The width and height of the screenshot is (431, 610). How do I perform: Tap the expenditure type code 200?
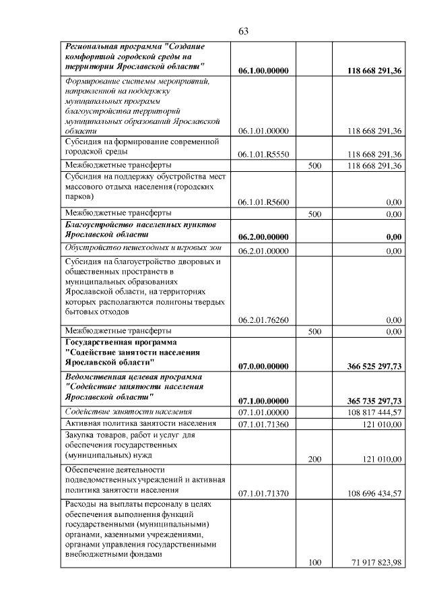[314, 459]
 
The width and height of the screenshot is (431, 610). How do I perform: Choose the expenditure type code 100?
[314, 563]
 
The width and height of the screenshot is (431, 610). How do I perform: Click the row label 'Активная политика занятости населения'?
[140, 423]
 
